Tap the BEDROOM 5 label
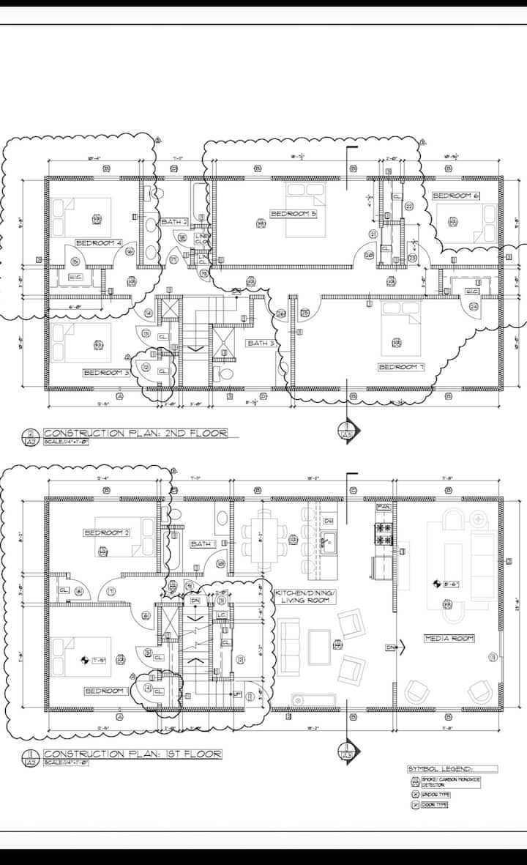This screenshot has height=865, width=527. coord(293,214)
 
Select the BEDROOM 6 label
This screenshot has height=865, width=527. coord(455,196)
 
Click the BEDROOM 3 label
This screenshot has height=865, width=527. coord(106,372)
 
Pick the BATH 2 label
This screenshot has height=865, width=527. coord(175,221)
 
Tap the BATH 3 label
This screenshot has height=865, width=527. coord(261,343)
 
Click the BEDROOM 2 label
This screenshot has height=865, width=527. coord(106,532)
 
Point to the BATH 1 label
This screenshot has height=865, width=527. coord(203,544)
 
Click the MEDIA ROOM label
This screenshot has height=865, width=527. coord(449,639)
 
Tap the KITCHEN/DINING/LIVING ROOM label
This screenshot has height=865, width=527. coord(302,595)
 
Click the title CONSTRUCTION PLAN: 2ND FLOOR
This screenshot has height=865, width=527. coord(135,433)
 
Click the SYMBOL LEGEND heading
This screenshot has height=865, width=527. coord(441,769)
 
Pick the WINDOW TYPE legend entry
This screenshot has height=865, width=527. coord(434,794)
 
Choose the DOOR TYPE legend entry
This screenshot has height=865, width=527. coord(433,805)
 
